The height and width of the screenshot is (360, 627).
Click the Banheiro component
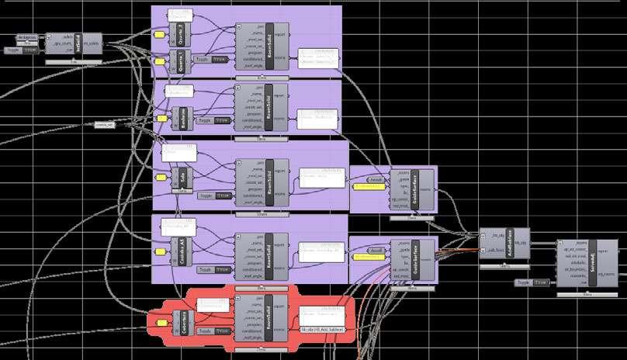pyautogui.click(x=184, y=117)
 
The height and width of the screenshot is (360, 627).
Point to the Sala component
pyautogui.click(x=184, y=178)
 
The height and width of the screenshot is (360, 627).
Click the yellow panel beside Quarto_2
pyautogui.click(x=160, y=36)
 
